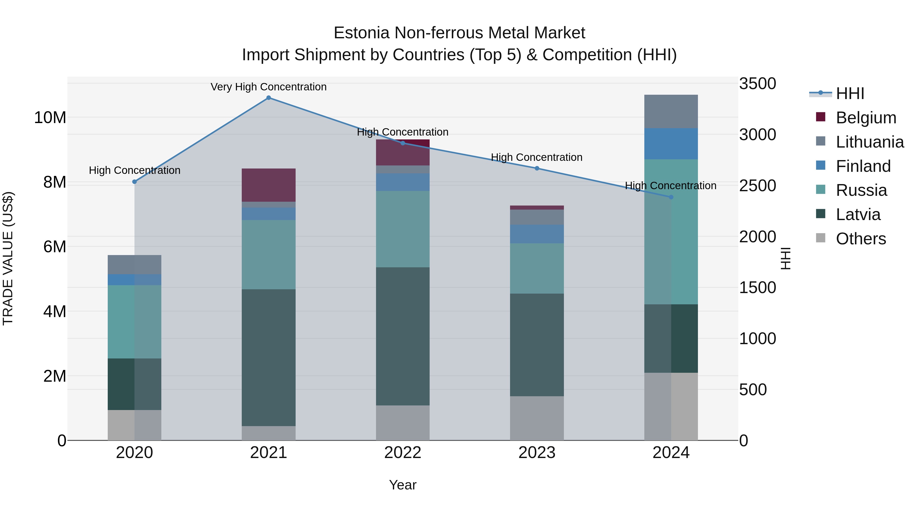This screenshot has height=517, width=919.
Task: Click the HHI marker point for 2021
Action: [269, 98]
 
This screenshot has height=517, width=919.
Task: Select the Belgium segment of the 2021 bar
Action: [269, 185]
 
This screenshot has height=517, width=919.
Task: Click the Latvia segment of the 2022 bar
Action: [403, 336]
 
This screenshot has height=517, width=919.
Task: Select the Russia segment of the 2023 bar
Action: [537, 268]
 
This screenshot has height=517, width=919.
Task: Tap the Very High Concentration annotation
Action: [269, 87]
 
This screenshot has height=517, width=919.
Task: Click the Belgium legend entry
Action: [866, 117]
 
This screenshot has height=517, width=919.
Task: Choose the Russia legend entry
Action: [861, 190]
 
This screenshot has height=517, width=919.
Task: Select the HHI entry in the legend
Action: [850, 93]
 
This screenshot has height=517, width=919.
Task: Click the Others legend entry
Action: [861, 238]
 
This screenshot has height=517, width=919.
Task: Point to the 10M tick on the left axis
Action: [50, 117]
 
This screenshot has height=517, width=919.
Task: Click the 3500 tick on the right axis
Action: [757, 83]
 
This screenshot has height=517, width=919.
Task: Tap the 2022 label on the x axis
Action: [403, 452]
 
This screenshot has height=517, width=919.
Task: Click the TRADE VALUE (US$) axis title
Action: [8, 258]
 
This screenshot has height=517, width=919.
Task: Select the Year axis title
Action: [403, 485]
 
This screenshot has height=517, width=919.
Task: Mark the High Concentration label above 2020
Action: [135, 170]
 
